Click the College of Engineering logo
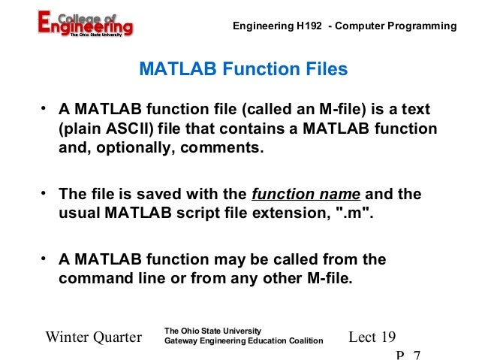pyautogui.click(x=85, y=23)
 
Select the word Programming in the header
pyautogui.click(x=419, y=26)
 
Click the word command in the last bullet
pyautogui.click(x=92, y=278)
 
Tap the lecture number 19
pyautogui.click(x=387, y=337)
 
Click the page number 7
pyautogui.click(x=417, y=353)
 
